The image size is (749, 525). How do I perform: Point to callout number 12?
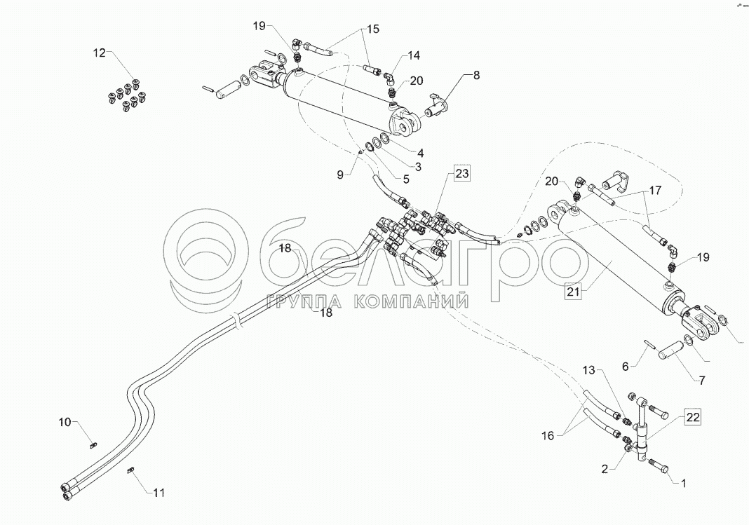[100, 53]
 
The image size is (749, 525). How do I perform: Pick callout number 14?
[414, 55]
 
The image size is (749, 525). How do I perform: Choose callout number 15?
[371, 29]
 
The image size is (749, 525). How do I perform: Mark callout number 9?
[341, 175]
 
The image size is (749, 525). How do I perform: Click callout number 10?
[65, 422]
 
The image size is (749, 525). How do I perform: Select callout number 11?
[158, 493]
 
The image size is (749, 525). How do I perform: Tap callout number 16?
[547, 436]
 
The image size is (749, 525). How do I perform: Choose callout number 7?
[701, 381]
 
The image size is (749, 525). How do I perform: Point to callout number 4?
[421, 153]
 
